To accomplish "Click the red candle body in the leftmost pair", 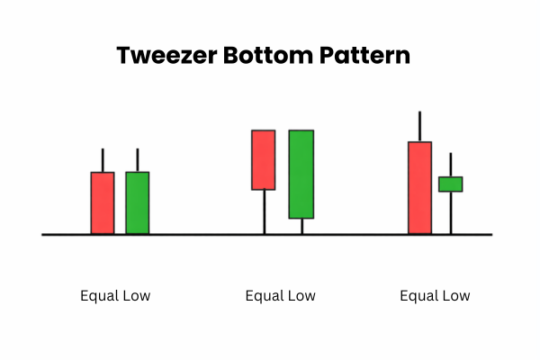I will pyautogui.click(x=103, y=202).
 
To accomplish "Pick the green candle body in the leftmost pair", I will pyautogui.click(x=137, y=202).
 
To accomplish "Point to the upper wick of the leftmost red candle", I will pyautogui.click(x=103, y=160).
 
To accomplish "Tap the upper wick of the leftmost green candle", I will pyautogui.click(x=137, y=160).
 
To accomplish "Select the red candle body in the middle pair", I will pyautogui.click(x=263, y=159).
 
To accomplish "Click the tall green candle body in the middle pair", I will pyautogui.click(x=301, y=174).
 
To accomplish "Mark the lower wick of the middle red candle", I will pyautogui.click(x=263, y=211).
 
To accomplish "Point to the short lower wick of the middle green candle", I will pyautogui.click(x=301, y=226).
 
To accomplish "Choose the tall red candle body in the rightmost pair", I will pyautogui.click(x=419, y=187).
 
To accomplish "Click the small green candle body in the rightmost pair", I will pyautogui.click(x=450, y=184).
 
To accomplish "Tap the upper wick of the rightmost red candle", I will pyautogui.click(x=419, y=126).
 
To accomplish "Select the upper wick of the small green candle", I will pyautogui.click(x=450, y=165).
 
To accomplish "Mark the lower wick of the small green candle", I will pyautogui.click(x=450, y=212).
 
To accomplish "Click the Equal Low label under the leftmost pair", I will pyautogui.click(x=115, y=295).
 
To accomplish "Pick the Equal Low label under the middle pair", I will pyautogui.click(x=281, y=295).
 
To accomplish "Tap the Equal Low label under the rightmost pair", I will pyautogui.click(x=435, y=295).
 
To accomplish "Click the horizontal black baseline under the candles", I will pyautogui.click(x=198, y=235).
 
